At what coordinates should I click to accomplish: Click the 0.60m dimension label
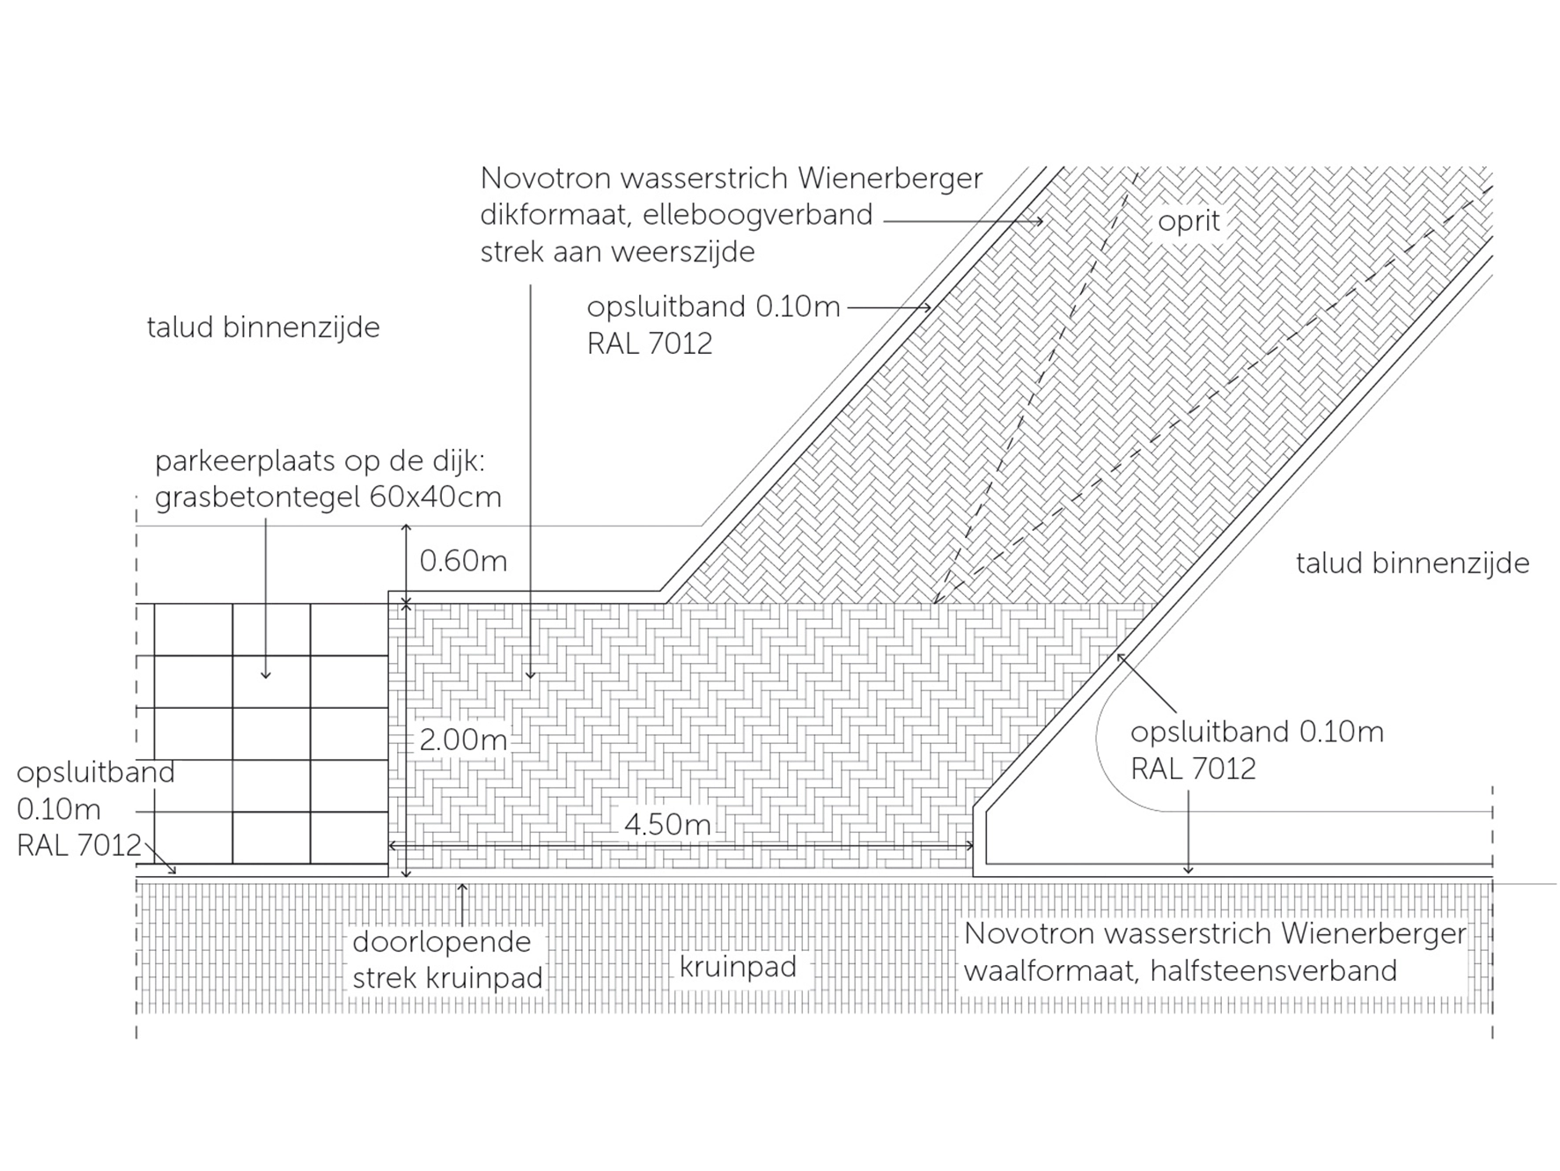coord(463,561)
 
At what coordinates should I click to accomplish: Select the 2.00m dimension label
coord(463,740)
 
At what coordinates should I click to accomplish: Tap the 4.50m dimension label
coord(667,824)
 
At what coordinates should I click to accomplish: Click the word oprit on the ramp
coord(1188,221)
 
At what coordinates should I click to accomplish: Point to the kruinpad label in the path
coord(738,968)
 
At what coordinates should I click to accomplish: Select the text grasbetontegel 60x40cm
coord(328,497)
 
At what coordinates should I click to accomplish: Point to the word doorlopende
coord(442,942)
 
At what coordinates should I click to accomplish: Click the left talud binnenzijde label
coord(263,328)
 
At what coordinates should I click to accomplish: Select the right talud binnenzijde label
coord(1413,563)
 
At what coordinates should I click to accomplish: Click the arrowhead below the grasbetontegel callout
coord(266,674)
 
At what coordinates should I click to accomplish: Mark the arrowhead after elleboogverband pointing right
coord(1039,221)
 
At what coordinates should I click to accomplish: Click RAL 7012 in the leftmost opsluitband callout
coord(79,845)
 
